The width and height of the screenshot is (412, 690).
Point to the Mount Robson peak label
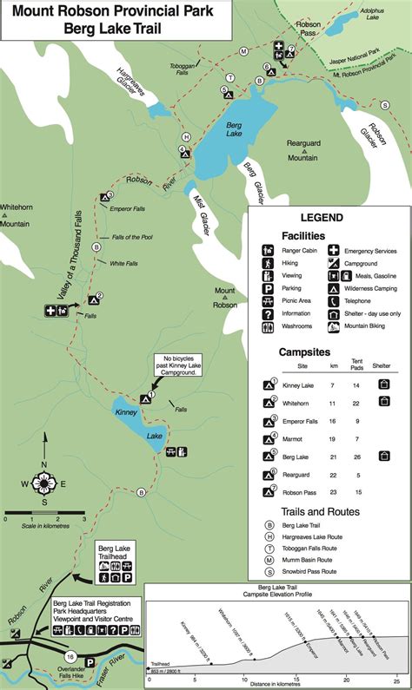point(225,298)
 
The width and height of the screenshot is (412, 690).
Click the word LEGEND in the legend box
point(322,219)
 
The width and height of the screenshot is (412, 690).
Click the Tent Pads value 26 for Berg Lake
point(356,456)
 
